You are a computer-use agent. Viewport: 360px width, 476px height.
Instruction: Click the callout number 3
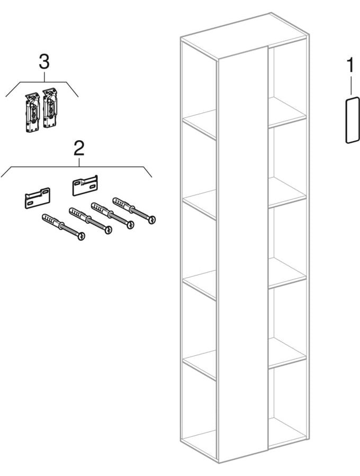[44, 62]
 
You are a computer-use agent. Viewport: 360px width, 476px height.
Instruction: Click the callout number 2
[79, 149]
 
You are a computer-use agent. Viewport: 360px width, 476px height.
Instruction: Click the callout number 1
[350, 66]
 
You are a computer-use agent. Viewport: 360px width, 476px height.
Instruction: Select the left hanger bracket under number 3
[32, 113]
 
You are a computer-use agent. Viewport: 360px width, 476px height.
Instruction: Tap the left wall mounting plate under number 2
[37, 198]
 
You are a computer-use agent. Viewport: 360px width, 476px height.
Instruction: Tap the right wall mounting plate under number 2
[85, 185]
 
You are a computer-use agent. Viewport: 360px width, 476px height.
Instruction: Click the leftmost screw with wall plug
[63, 227]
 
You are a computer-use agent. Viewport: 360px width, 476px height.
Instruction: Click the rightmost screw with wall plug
[133, 210]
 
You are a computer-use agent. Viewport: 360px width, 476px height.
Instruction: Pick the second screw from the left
[90, 221]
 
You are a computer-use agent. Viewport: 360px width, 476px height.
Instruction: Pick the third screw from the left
[113, 216]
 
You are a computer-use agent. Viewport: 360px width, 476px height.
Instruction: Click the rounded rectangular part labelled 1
[353, 120]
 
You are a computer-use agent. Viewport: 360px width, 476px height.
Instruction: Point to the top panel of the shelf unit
[243, 35]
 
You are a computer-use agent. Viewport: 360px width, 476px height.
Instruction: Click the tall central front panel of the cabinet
[243, 255]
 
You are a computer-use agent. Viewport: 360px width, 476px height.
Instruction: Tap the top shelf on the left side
[199, 124]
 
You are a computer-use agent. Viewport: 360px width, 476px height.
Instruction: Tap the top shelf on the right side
[287, 112]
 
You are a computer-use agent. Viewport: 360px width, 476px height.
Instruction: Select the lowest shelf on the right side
[287, 352]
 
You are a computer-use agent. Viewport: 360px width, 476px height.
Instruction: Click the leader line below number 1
[351, 85]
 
